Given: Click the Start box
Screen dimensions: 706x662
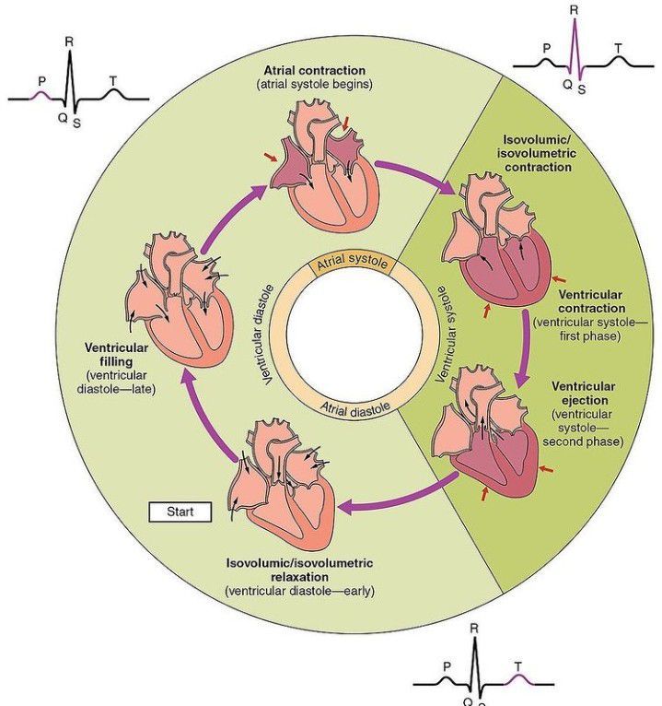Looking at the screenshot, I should click(180, 511).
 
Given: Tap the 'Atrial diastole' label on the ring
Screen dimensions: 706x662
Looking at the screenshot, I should click(355, 405).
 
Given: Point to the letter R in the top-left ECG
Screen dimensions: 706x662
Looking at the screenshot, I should click(70, 41).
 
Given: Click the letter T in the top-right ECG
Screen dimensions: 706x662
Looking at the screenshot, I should click(617, 46).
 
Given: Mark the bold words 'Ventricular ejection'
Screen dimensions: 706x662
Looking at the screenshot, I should click(583, 393).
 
